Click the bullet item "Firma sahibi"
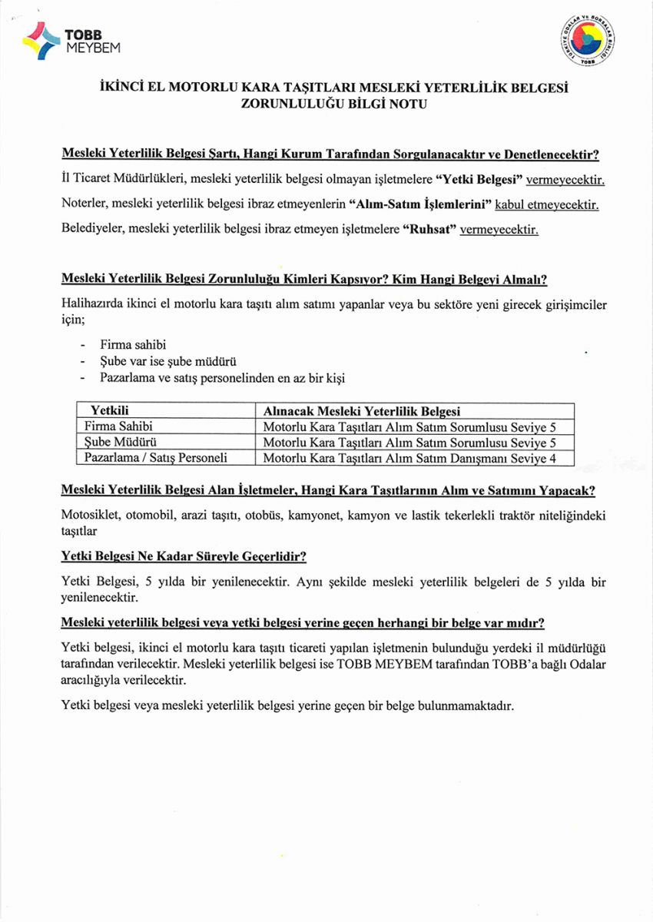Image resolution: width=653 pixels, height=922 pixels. click(x=133, y=344)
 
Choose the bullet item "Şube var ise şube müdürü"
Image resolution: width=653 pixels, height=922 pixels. click(x=167, y=361)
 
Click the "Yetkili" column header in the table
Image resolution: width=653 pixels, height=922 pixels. click(x=111, y=411)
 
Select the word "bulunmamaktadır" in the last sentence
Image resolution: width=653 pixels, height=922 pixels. click(x=468, y=705)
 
